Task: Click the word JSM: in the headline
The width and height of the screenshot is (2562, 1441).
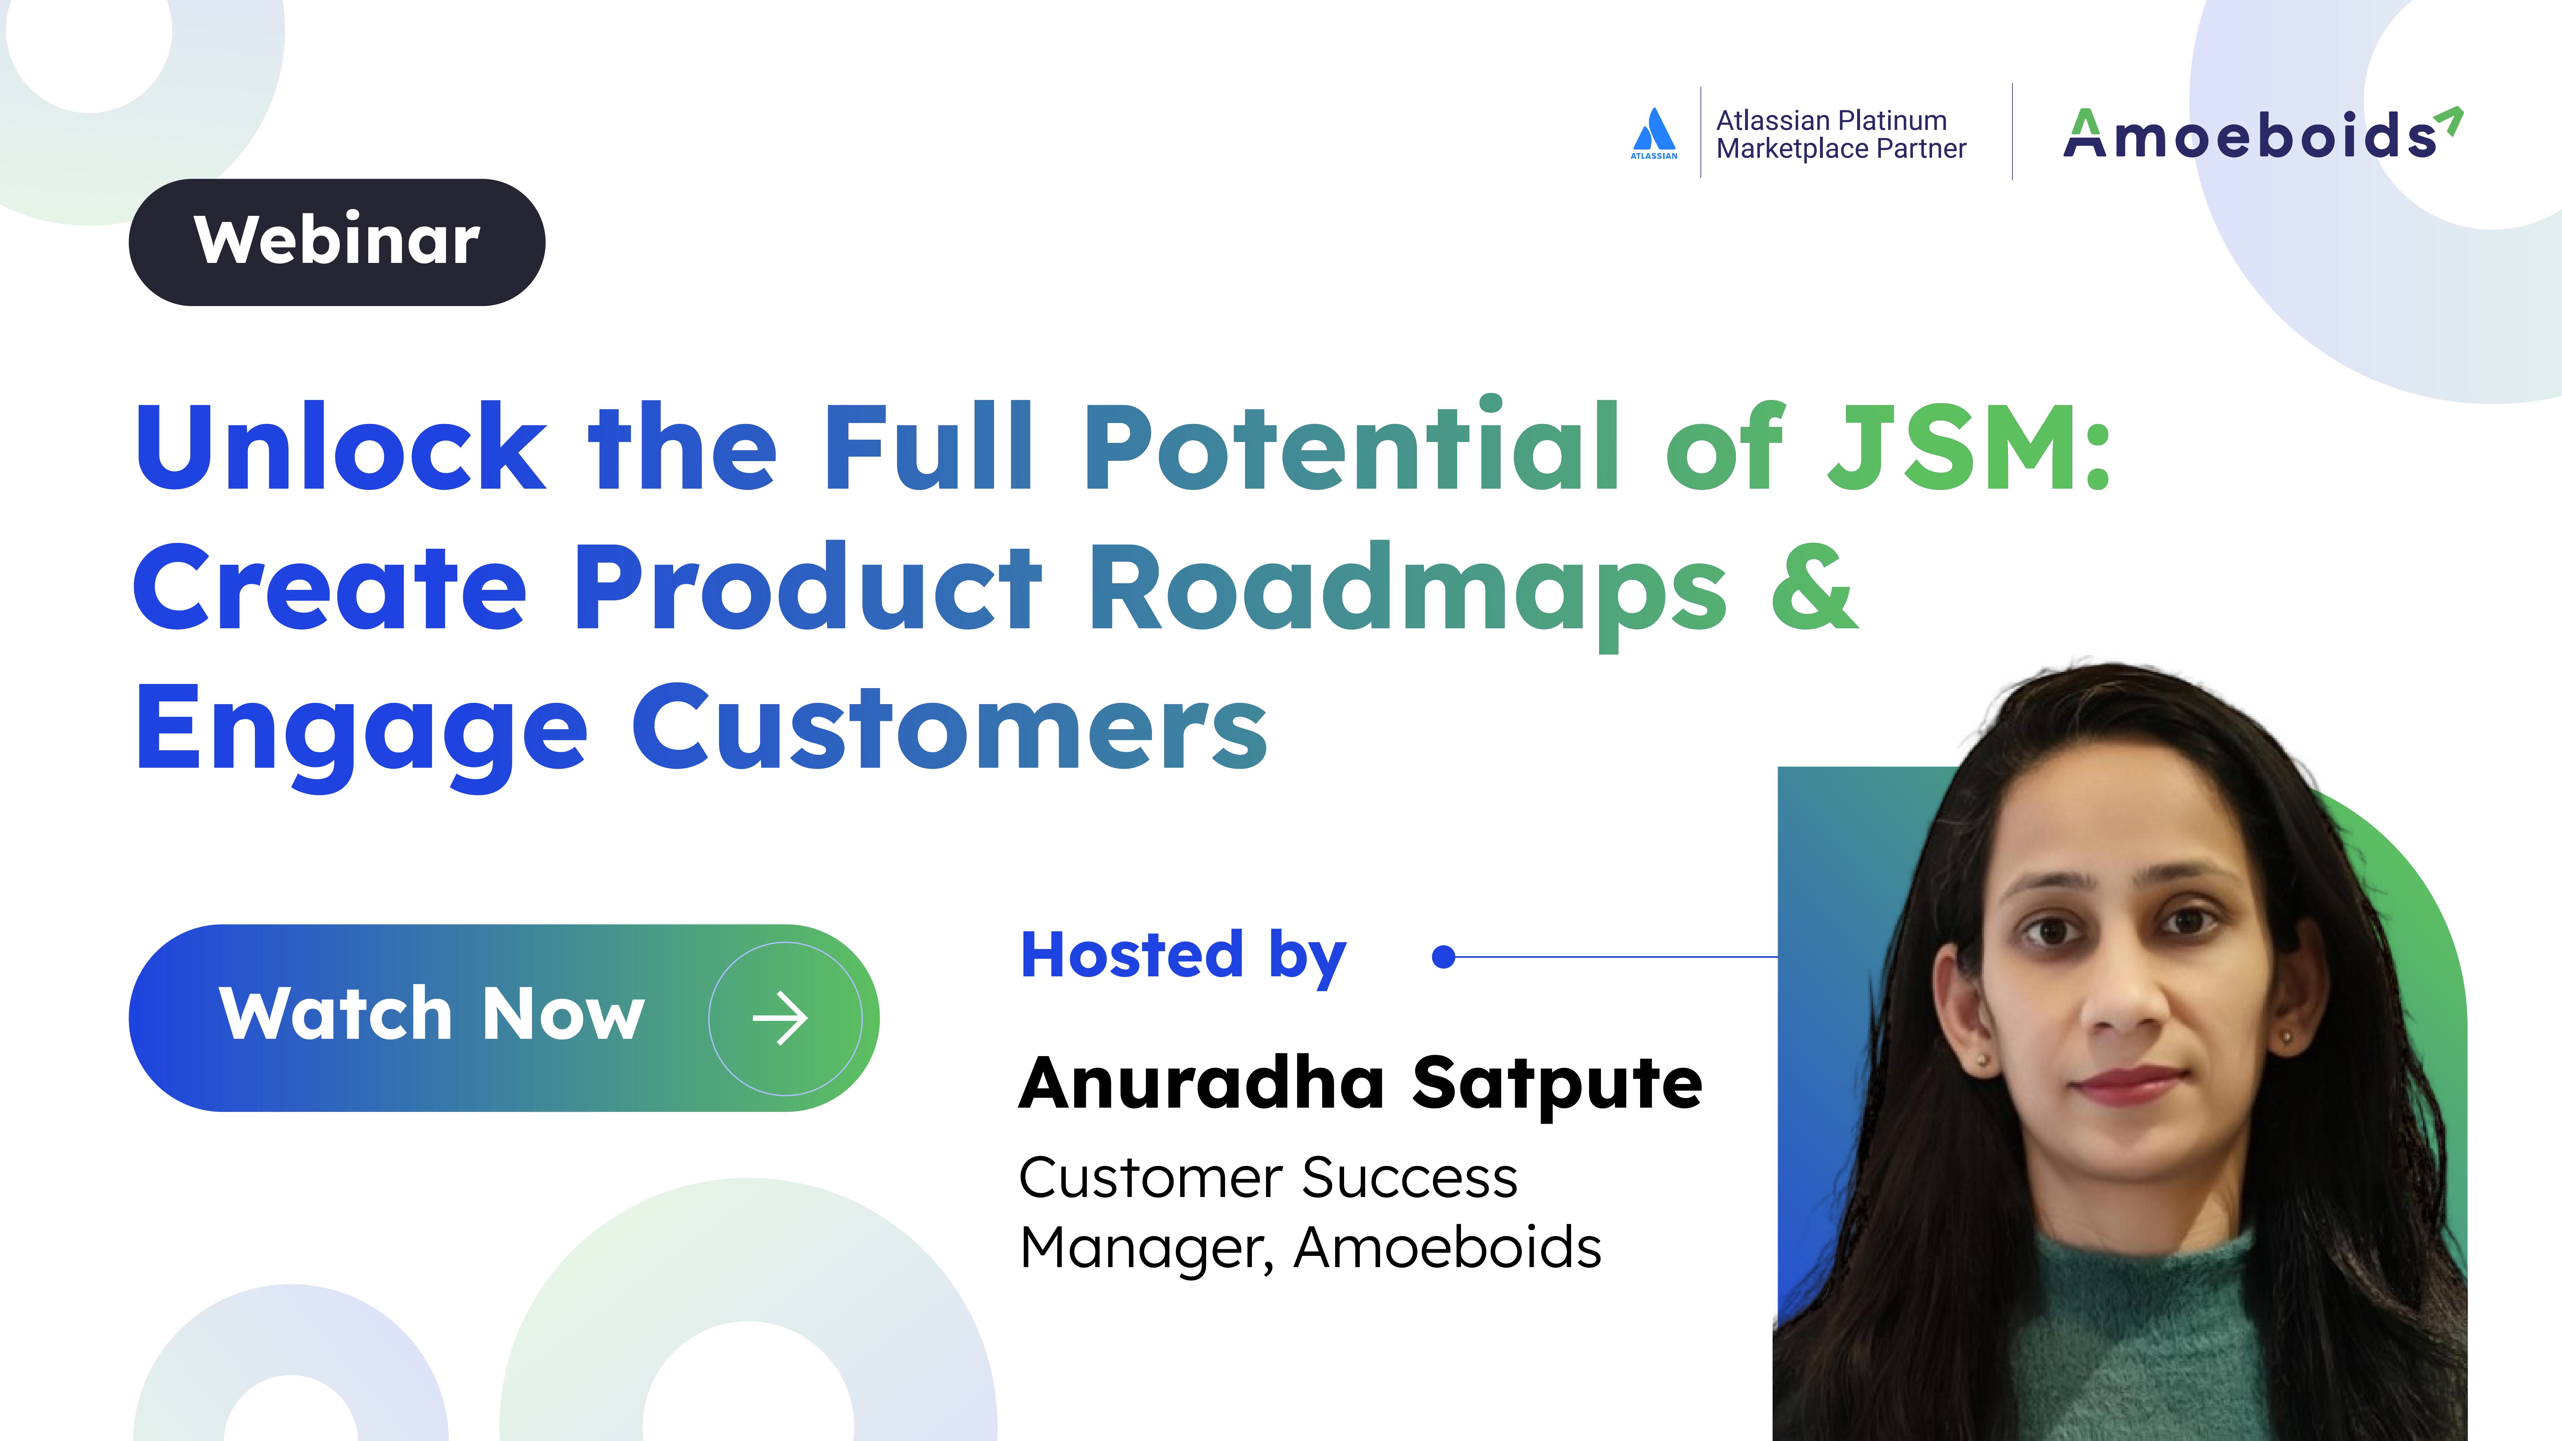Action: pos(1969,448)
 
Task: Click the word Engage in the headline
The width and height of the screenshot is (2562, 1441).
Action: pos(361,731)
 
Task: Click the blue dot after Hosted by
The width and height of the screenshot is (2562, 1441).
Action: pos(1443,957)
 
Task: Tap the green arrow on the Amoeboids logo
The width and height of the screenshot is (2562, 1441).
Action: pos(2451,118)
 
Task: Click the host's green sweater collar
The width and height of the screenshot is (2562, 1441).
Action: pos(2138,1283)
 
